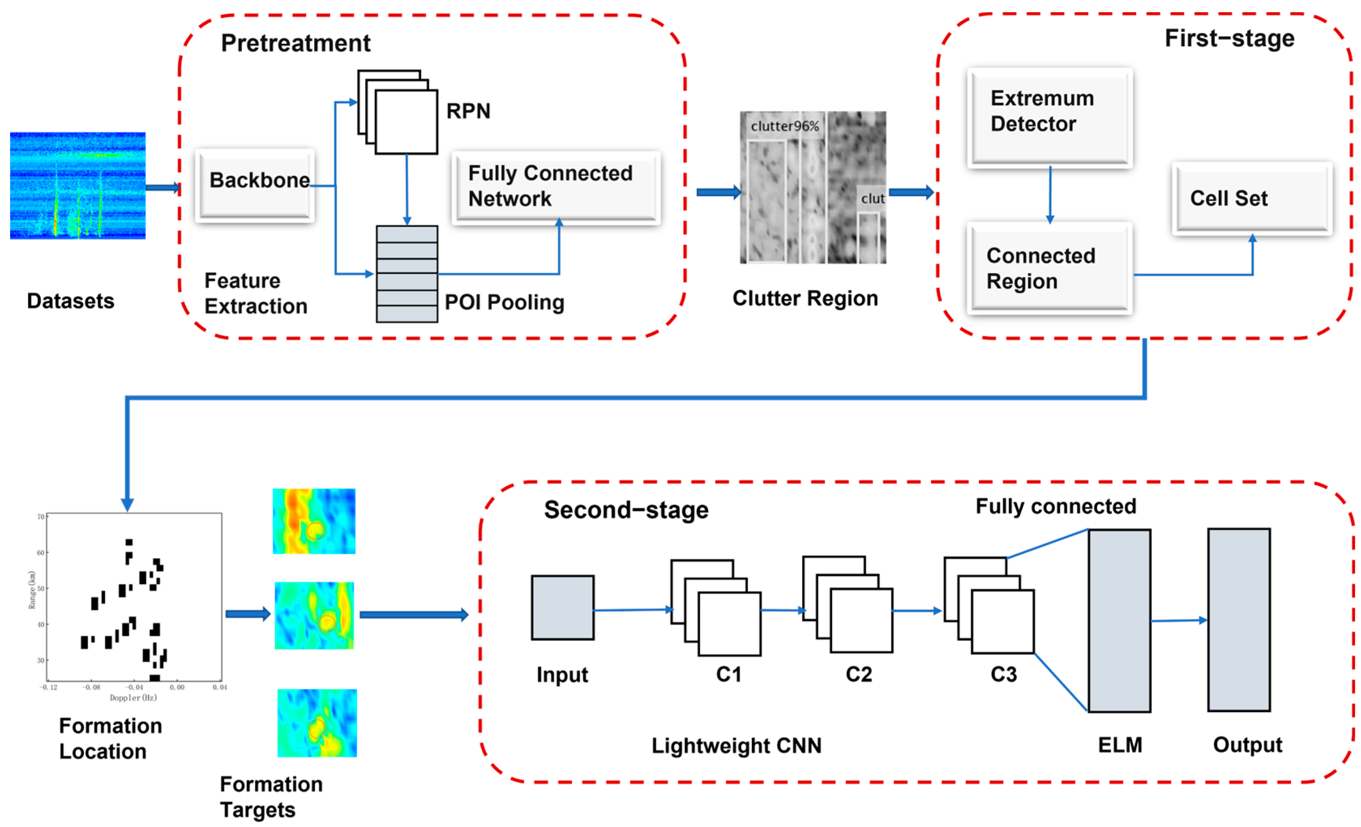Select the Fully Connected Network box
point(556,188)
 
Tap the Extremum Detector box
point(1049,117)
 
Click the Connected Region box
point(1049,268)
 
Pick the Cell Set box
point(1252,199)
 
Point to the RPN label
point(468,111)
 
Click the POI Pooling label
point(504,302)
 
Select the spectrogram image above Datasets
point(78,185)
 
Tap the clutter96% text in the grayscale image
point(784,126)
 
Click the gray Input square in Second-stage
point(562,607)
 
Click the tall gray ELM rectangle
point(1119,620)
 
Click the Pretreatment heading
point(295,43)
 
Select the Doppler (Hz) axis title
point(133,698)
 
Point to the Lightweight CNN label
point(736,745)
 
